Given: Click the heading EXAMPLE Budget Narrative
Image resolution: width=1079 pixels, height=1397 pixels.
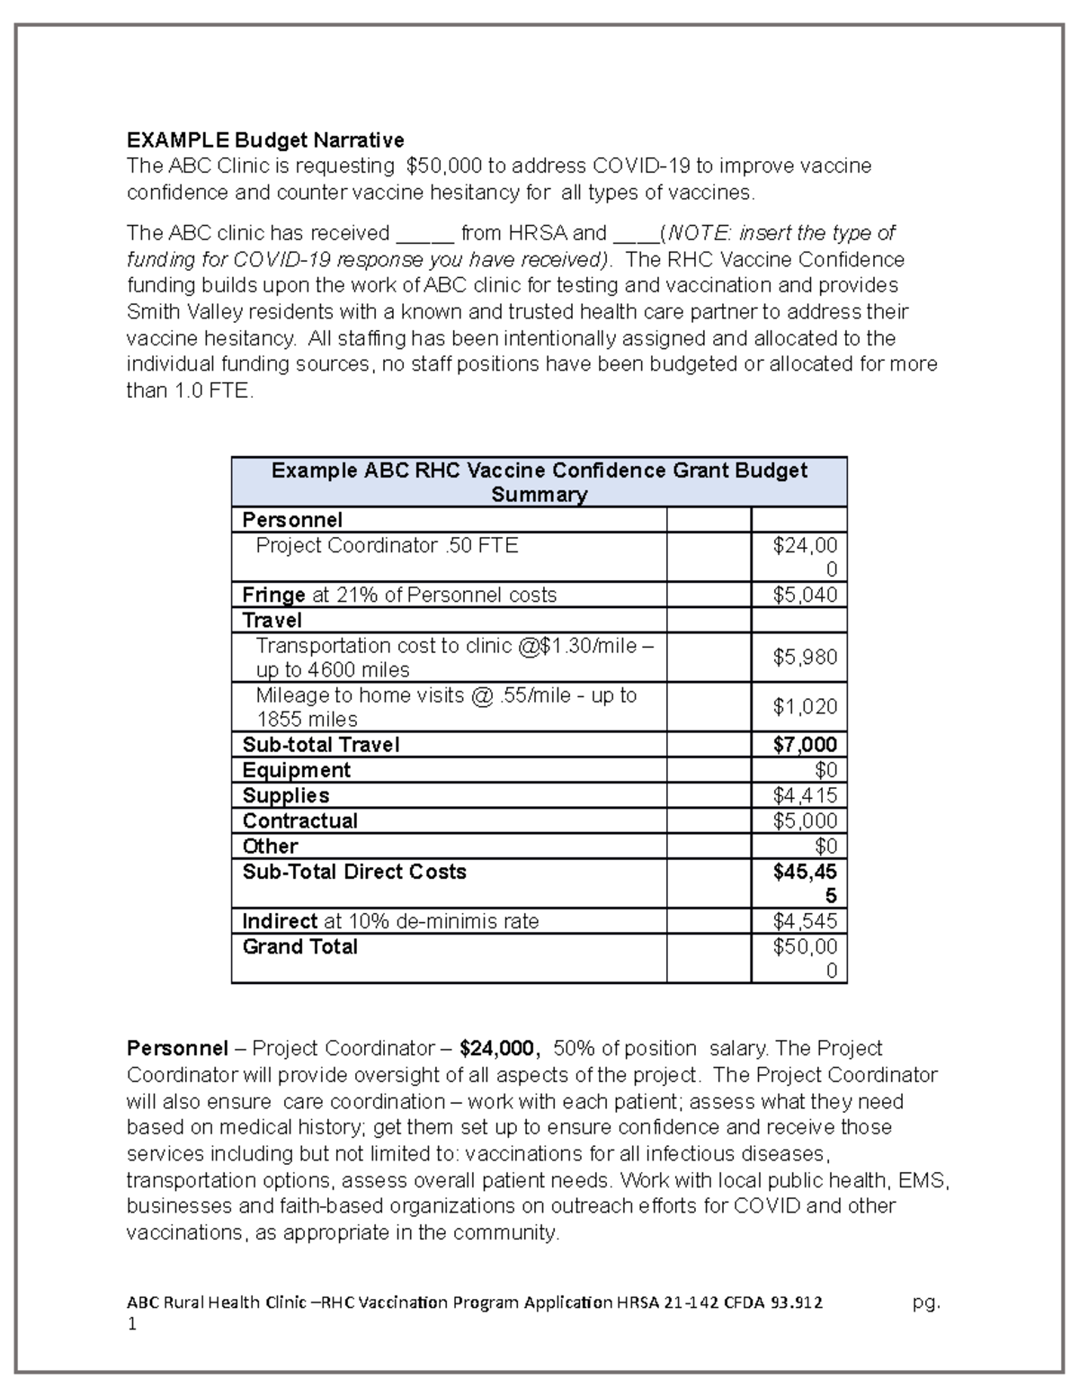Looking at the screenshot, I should (265, 140).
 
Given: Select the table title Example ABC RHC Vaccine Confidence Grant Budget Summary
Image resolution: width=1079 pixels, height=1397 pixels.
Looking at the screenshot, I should (539, 482).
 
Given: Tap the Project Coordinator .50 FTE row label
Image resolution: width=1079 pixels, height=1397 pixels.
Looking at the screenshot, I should (387, 546).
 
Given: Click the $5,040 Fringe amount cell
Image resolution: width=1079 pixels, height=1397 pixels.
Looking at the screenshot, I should (805, 596).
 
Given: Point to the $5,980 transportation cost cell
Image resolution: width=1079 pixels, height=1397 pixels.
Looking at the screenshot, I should (805, 658).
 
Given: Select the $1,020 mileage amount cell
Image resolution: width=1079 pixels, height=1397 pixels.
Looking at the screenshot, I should (805, 707).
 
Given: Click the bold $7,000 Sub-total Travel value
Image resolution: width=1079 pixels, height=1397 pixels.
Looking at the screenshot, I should (805, 745).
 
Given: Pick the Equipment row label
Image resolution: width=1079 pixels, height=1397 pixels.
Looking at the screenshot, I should (297, 770).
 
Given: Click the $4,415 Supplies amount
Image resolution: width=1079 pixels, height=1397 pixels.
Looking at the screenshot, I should (805, 796).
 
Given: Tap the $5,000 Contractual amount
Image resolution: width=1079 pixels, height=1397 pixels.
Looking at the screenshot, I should (805, 821).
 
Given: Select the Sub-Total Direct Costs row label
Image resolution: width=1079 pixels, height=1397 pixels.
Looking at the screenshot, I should (354, 872).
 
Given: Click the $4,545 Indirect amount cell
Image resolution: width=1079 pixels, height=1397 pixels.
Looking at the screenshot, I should (805, 921).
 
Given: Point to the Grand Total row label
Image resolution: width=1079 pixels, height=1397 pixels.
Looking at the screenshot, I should (300, 946).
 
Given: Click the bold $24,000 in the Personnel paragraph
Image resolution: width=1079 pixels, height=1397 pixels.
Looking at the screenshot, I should (499, 1049).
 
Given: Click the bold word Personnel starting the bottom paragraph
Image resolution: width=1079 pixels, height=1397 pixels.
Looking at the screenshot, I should (177, 1049).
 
